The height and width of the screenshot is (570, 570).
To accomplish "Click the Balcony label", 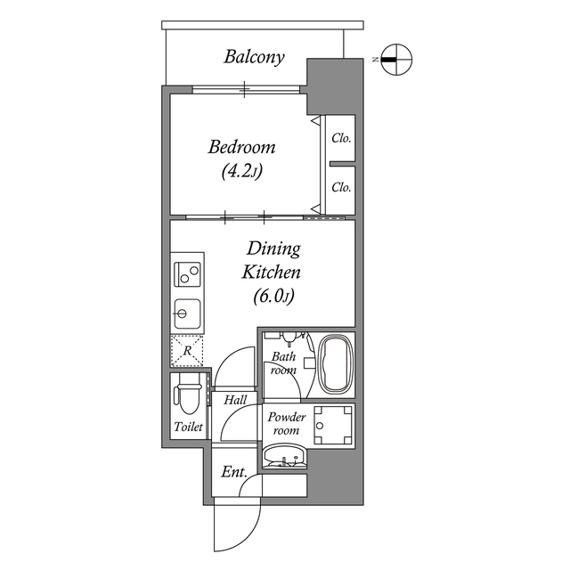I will click(x=254, y=58).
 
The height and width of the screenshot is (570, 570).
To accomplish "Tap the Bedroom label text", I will click(x=241, y=147).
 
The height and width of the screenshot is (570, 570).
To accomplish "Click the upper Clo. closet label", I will click(x=341, y=139).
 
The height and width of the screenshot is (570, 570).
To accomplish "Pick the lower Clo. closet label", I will click(x=341, y=188).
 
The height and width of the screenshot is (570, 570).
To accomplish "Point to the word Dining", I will click(x=273, y=248).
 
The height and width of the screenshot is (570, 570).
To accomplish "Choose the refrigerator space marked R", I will click(x=187, y=351).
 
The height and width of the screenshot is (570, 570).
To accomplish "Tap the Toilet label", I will click(x=188, y=427).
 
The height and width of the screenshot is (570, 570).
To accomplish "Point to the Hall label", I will click(x=235, y=401).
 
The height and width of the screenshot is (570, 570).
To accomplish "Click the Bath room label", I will click(x=283, y=362).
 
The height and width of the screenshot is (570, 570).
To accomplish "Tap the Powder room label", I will click(x=287, y=424).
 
